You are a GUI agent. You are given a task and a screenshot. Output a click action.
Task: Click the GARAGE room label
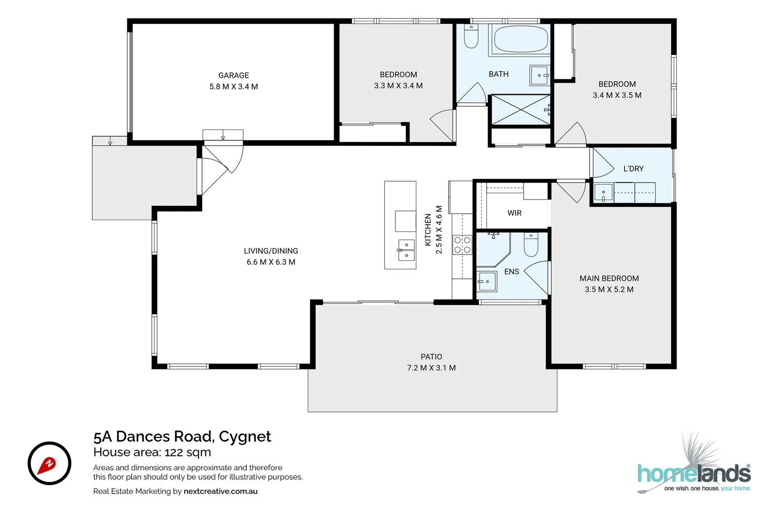[x=234, y=75]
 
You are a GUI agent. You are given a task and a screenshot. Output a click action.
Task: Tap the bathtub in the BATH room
[x=521, y=39]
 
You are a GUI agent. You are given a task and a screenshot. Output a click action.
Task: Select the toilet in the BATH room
[x=471, y=37]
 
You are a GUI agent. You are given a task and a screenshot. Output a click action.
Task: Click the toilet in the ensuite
[x=530, y=245]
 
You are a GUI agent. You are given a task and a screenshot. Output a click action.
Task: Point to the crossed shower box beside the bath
[x=520, y=110]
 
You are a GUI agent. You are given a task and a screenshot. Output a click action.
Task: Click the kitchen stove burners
[x=462, y=245]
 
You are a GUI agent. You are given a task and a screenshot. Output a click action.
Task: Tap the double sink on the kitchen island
[x=406, y=250]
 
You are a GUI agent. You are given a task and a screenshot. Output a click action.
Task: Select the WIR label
[x=514, y=213]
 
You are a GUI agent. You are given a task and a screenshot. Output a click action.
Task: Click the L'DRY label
[x=633, y=169]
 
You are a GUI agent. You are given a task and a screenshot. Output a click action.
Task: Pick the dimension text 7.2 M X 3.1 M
[x=431, y=368]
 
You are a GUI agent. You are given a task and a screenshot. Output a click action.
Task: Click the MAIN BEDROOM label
[x=609, y=279]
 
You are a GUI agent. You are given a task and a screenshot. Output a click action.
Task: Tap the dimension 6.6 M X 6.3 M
[x=271, y=262]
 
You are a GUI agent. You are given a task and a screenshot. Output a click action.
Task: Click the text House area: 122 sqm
[x=152, y=452]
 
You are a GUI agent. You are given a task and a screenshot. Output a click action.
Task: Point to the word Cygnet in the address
[x=244, y=437]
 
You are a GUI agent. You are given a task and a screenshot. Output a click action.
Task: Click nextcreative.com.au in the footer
[x=220, y=491]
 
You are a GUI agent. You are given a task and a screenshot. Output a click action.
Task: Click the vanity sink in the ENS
[x=487, y=282]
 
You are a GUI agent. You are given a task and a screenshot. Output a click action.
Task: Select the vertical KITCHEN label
[x=428, y=229]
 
